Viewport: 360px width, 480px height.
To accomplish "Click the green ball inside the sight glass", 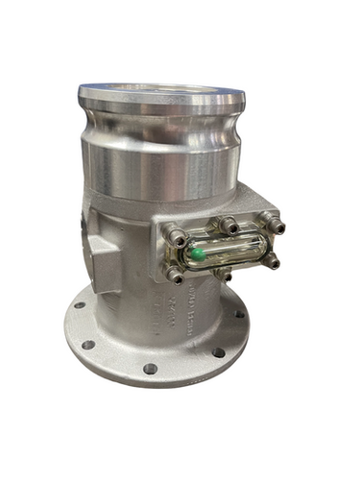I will (x=195, y=254).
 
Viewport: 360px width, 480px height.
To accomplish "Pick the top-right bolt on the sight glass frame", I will (x=276, y=225).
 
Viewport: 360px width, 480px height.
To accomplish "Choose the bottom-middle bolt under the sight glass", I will (x=225, y=273).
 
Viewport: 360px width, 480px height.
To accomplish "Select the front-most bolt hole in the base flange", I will (x=150, y=368).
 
